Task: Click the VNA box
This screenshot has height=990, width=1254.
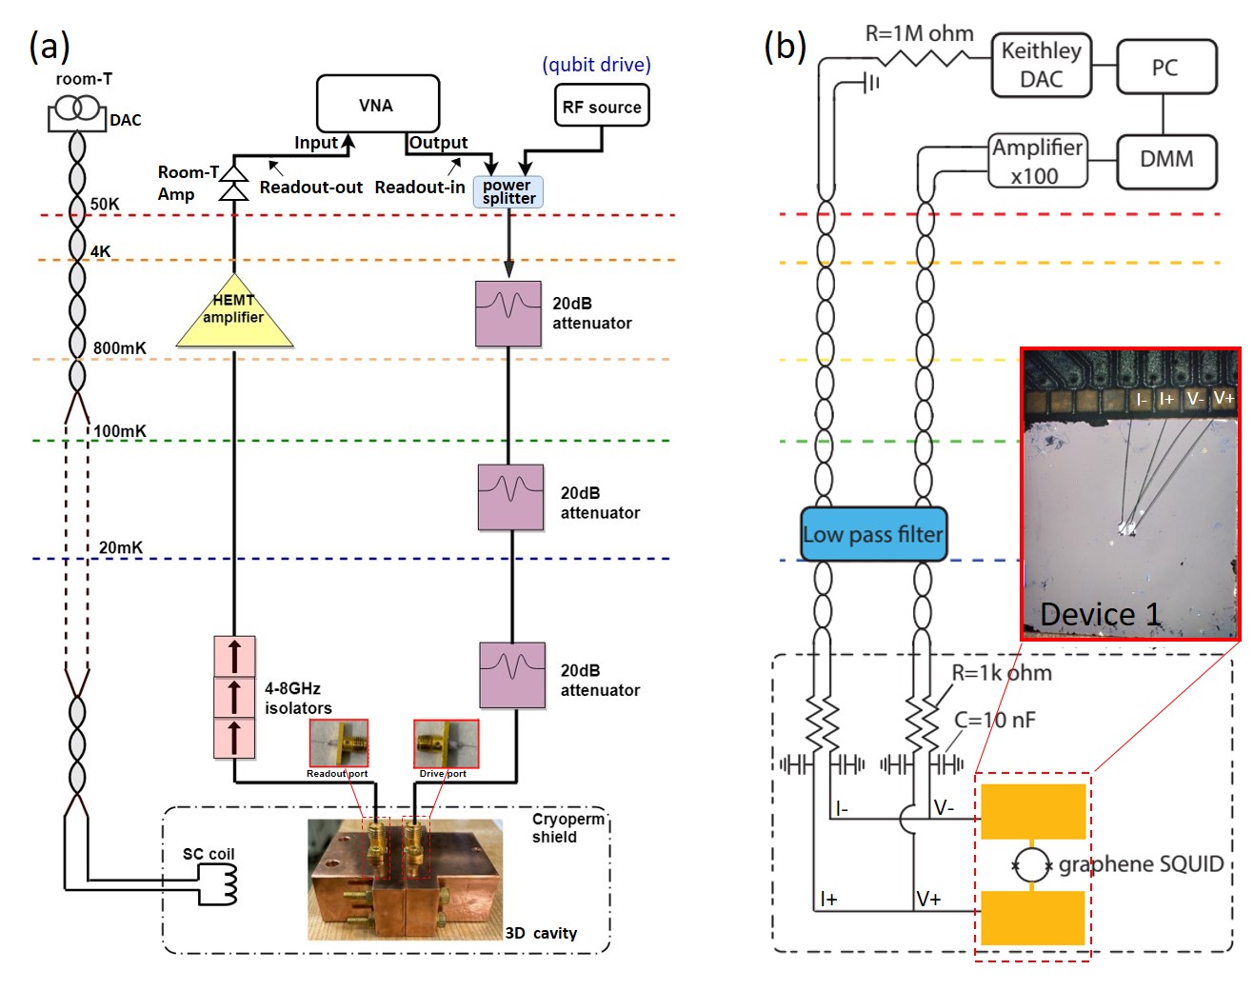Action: [377, 104]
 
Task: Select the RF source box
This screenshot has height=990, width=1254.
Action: [602, 107]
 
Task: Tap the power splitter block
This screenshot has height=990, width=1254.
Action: [508, 192]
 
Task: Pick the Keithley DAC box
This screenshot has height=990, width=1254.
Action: [1041, 65]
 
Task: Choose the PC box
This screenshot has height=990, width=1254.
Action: [1165, 67]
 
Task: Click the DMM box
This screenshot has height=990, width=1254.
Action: [1165, 159]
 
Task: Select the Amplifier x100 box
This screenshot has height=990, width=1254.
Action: [1037, 161]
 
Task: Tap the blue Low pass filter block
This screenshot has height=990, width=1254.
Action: [873, 534]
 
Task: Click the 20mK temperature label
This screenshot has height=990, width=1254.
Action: [121, 547]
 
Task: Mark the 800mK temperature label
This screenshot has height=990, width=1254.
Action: [120, 348]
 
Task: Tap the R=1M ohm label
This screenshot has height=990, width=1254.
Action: [919, 33]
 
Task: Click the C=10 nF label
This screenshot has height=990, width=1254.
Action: [994, 720]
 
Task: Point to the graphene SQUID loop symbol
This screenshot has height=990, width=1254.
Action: [1032, 864]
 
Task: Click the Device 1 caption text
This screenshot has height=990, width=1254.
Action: [1100, 615]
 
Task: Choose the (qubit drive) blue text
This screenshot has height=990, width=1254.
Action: [597, 65]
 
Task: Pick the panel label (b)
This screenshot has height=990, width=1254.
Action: [786, 45]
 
